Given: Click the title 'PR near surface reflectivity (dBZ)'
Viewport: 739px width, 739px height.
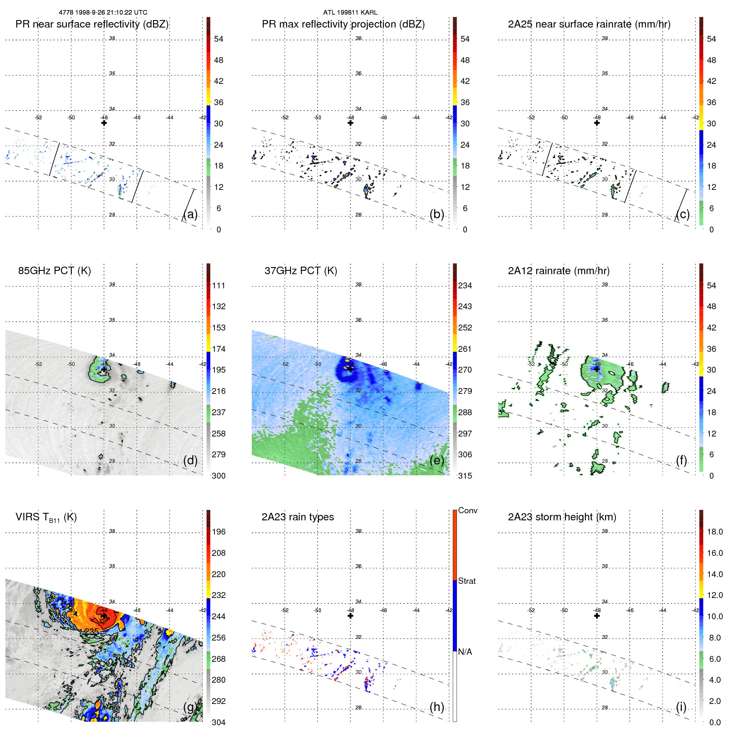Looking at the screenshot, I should click(92, 24).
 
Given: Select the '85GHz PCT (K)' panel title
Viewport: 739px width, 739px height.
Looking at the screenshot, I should click(54, 271).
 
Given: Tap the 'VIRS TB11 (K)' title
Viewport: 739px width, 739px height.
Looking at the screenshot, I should click(46, 517).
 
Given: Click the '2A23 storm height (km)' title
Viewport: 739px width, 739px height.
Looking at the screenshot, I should click(562, 517).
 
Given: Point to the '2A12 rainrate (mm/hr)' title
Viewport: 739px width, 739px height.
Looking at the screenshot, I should click(558, 271).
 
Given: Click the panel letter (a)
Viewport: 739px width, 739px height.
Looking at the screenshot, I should click(190, 214).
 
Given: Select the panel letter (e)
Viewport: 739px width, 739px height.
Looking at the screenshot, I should click(436, 460).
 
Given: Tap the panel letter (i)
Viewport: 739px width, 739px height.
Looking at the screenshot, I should click(681, 707).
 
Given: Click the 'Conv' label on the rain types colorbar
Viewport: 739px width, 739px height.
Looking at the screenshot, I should click(467, 510).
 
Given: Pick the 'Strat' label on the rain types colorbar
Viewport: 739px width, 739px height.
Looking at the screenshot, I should click(467, 581).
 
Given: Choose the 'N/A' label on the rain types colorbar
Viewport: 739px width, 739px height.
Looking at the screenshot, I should click(465, 652).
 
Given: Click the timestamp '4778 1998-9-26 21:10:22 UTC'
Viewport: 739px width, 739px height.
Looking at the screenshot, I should click(103, 13).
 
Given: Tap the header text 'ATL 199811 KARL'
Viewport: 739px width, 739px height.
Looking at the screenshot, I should click(350, 13).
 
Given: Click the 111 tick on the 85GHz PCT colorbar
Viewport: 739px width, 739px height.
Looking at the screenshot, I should click(218, 285).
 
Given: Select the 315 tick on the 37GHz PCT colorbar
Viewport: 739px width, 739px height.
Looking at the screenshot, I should click(465, 476).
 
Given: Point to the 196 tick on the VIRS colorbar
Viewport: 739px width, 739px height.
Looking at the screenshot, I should click(218, 532).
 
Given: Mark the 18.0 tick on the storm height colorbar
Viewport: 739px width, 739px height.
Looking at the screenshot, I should click(714, 532).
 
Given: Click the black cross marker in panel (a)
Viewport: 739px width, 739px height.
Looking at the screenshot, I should click(104, 123).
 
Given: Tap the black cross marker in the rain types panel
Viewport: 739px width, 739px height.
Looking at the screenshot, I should click(351, 616).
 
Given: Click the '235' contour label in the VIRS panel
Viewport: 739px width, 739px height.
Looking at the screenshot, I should click(91, 631).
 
